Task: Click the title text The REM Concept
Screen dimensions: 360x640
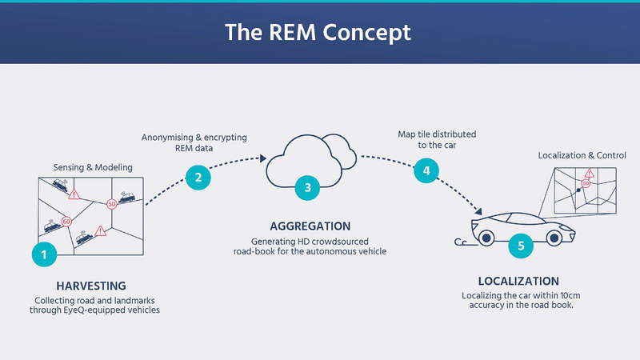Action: pos(318,32)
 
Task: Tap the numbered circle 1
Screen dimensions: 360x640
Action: pos(45,254)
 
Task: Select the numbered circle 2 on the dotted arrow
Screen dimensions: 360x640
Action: pos(198,176)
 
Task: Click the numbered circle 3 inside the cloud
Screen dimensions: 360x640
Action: pos(306,188)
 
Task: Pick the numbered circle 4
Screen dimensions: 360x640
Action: pos(426,170)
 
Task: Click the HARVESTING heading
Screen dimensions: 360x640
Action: pos(91,286)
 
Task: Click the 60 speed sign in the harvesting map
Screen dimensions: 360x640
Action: pos(66,222)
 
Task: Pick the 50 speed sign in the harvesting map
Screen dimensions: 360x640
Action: pos(112,204)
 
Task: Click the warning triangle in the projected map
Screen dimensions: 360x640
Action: pos(589,173)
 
